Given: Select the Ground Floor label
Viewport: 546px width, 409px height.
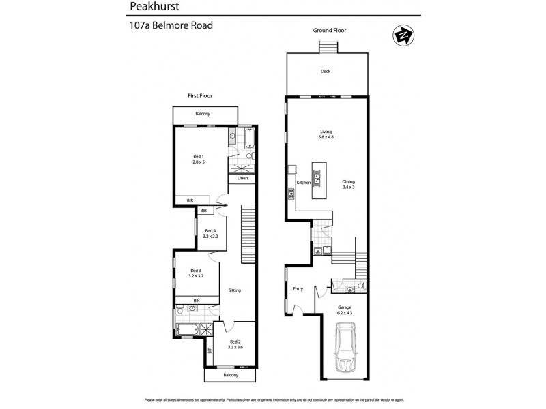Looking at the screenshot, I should point(329,31).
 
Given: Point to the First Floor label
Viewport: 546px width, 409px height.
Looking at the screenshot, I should point(203,97).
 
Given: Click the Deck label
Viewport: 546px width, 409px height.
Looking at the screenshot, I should point(326,72).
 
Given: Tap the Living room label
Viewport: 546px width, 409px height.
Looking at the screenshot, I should point(326,134).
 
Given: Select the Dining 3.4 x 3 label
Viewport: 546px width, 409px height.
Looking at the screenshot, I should point(349,184).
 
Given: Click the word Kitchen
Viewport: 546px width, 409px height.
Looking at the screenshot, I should point(304,183).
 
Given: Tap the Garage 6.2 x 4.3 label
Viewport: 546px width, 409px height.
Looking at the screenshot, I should point(344,311).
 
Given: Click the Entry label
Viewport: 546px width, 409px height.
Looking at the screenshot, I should point(298,289).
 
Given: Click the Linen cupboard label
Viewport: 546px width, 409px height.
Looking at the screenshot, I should point(242,179).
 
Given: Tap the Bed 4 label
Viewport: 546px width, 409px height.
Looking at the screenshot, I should point(211,233).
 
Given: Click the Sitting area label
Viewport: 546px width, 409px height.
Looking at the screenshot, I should point(235,290).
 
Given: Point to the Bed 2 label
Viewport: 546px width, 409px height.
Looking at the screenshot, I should point(235,344).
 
